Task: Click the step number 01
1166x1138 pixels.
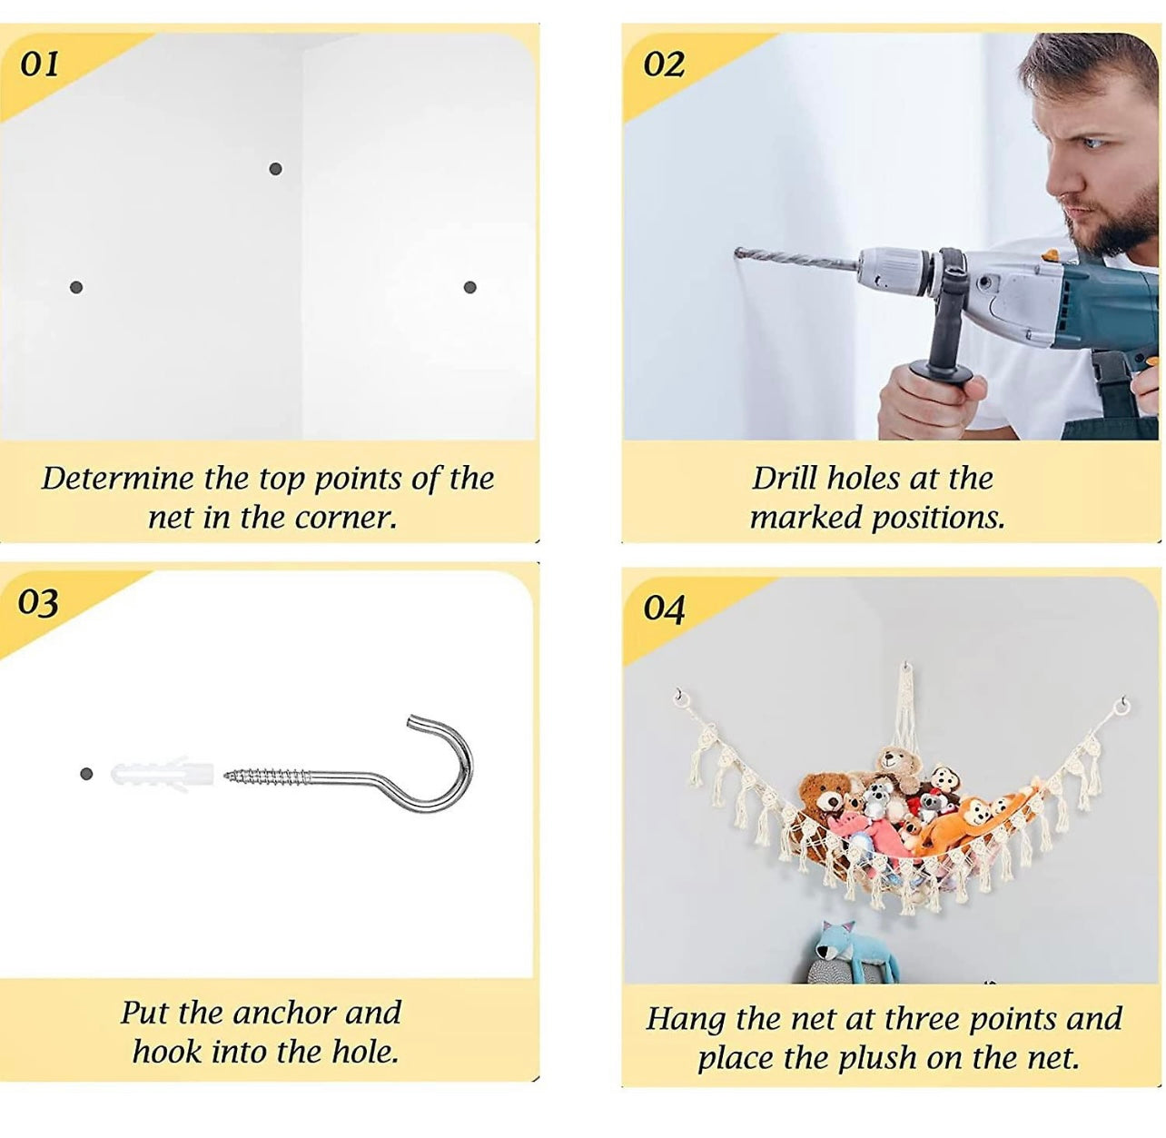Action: [40, 64]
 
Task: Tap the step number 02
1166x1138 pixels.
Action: [663, 64]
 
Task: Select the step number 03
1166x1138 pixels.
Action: [38, 603]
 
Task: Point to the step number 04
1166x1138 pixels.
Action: [663, 609]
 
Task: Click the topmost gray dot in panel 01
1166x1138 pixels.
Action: [276, 169]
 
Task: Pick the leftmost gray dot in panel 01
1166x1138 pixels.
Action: [76, 287]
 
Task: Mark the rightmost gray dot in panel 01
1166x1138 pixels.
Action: [470, 287]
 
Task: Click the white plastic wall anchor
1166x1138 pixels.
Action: [162, 774]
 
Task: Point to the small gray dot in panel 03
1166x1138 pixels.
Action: [86, 774]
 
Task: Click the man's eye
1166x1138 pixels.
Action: [1096, 143]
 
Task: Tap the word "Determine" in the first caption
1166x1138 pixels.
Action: [119, 479]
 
